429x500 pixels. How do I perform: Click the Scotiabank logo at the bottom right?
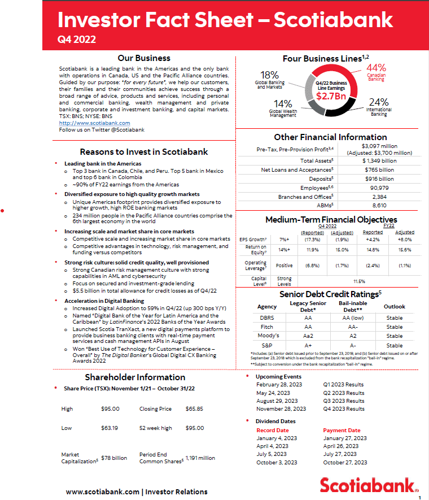click(x=369, y=485)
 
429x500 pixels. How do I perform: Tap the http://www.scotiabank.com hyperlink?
click(x=94, y=123)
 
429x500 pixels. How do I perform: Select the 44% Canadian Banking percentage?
click(x=376, y=68)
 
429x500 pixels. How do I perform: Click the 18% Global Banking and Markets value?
click(x=269, y=75)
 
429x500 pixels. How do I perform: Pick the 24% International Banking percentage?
click(x=379, y=102)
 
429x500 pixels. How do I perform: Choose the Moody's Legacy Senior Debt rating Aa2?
click(x=308, y=336)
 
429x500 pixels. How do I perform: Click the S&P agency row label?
click(x=267, y=345)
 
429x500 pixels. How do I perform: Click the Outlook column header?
click(x=395, y=306)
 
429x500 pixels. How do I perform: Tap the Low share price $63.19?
click(x=109, y=428)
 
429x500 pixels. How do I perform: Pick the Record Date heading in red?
click(x=273, y=430)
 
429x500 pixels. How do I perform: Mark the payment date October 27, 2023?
click(x=345, y=462)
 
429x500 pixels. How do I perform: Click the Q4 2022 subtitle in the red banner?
click(x=77, y=39)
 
